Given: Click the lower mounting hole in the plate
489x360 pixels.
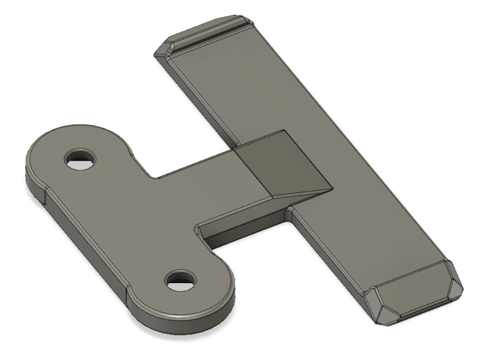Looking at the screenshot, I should tap(180, 280).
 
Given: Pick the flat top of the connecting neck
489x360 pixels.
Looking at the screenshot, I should tap(204, 190).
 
